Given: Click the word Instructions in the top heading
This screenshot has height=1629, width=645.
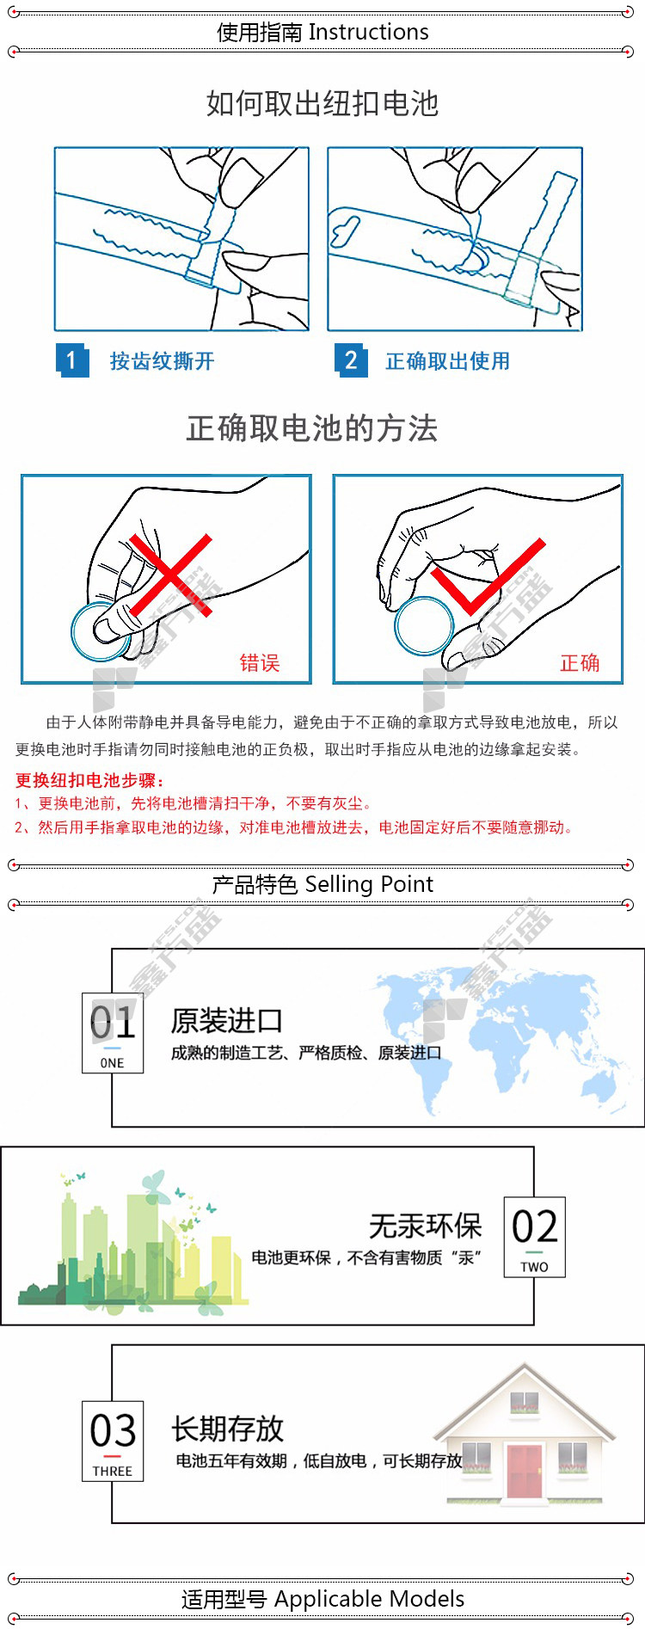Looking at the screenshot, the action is (368, 32).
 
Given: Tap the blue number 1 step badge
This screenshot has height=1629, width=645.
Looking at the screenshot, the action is (72, 360).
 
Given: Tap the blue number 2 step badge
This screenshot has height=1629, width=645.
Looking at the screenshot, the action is (351, 360).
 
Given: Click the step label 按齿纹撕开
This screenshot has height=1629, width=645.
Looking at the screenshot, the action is (162, 361).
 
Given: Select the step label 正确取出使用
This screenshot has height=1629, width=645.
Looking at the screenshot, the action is (447, 361).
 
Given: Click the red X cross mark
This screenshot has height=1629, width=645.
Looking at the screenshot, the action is (170, 575).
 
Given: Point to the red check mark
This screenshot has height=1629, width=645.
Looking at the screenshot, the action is (488, 576).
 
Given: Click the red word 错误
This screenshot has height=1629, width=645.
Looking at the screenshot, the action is (260, 662).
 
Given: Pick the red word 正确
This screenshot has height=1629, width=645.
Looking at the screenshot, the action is (580, 662).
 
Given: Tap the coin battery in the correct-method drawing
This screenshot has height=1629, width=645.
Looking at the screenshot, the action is (424, 626).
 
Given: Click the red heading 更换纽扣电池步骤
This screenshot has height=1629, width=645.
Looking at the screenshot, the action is (89, 780).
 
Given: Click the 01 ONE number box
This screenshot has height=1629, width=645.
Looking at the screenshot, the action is (113, 1033).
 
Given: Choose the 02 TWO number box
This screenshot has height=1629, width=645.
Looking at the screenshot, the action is (534, 1237).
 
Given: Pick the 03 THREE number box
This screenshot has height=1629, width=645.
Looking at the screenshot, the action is (113, 1441).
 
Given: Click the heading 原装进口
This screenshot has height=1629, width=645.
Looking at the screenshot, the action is (227, 1021).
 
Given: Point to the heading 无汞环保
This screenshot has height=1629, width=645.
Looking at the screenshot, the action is (426, 1226).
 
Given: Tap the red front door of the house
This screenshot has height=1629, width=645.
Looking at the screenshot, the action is (525, 1471).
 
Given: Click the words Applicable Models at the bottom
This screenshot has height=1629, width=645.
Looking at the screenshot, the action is (370, 1599).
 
